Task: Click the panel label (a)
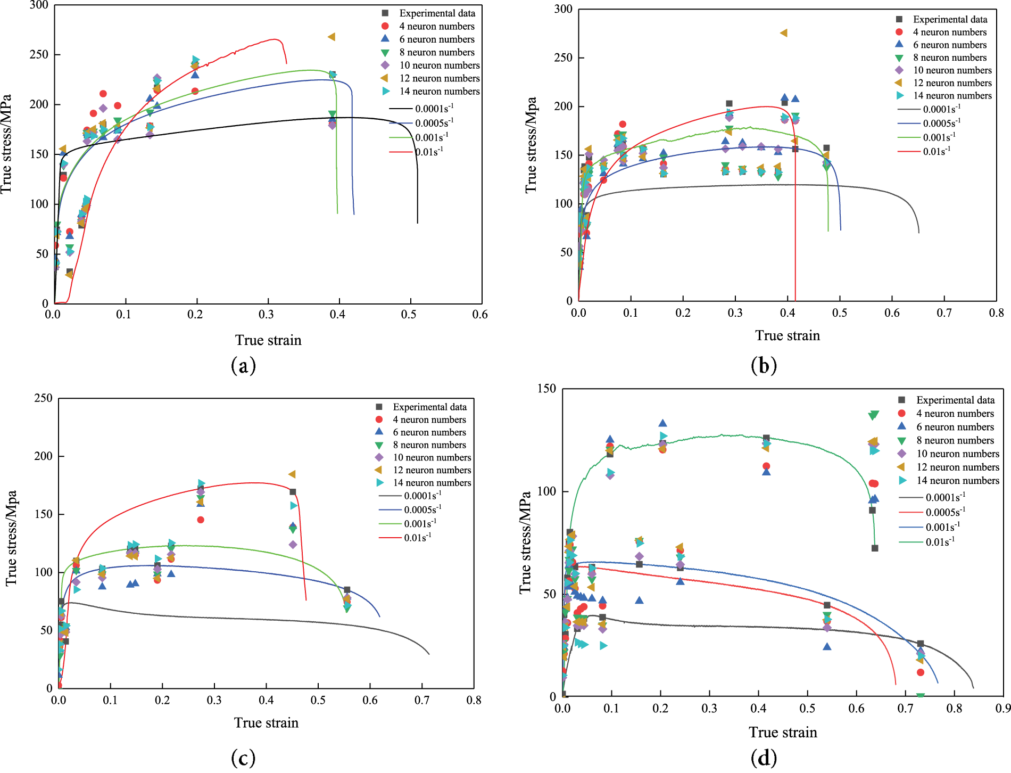pos(243,366)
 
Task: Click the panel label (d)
pos(764,757)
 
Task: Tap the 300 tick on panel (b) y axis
pos(563,9)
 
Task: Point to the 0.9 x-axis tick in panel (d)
pos(1003,709)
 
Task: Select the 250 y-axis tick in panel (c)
pos(43,398)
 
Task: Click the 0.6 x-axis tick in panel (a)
pos(480,315)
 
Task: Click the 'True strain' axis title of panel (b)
pos(788,335)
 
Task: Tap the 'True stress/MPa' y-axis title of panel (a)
pos(6,144)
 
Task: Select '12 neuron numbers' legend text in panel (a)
pos(440,78)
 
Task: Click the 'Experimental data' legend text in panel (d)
pos(955,400)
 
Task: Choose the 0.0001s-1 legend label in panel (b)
pos(942,109)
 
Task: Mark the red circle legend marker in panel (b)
pos(899,32)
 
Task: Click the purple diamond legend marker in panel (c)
pos(379,457)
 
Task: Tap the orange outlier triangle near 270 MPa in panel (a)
pos(332,37)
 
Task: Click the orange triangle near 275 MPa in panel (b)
pos(783,33)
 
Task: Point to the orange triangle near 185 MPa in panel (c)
pos(292,474)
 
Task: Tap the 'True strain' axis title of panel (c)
pos(266,722)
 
